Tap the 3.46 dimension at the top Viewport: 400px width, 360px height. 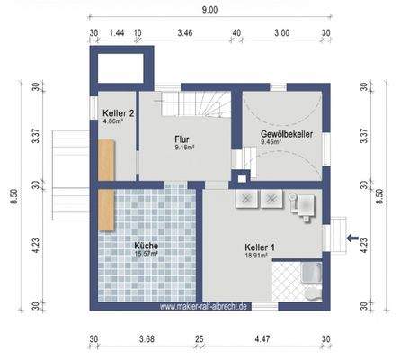(x=185, y=32)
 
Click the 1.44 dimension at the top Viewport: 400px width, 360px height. (x=116, y=32)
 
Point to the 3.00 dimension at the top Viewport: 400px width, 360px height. (x=281, y=32)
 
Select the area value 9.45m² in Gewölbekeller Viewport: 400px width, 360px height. (x=272, y=141)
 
